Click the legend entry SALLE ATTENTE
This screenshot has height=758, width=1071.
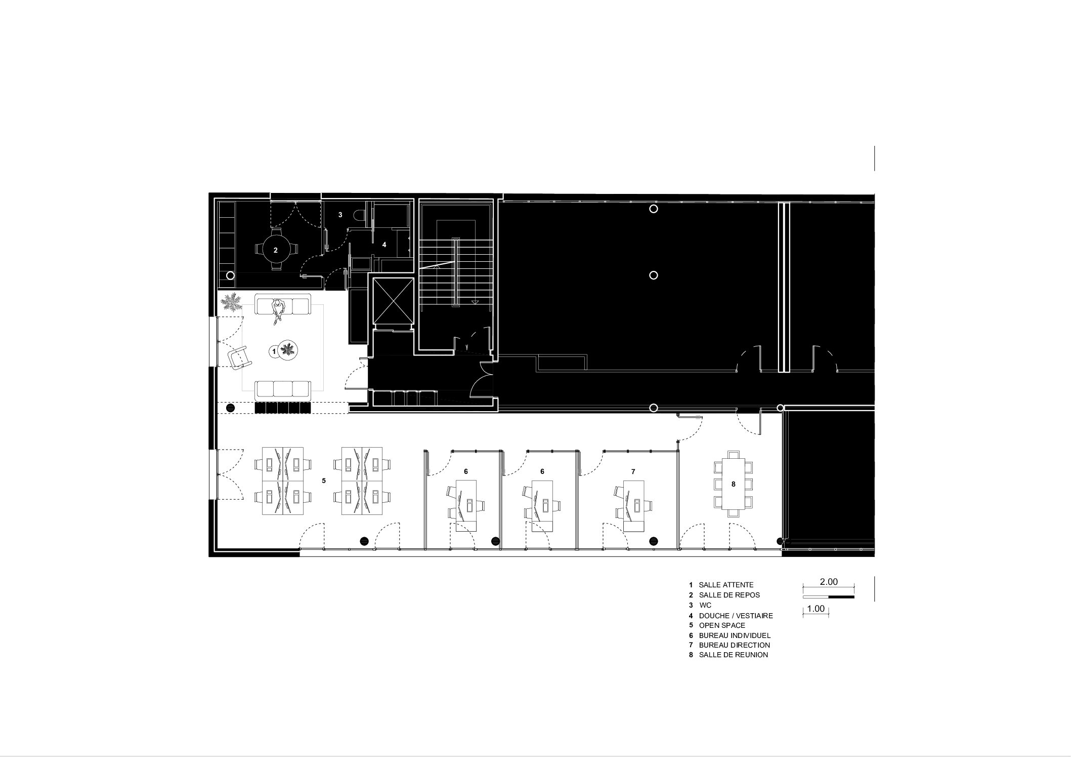[726, 585]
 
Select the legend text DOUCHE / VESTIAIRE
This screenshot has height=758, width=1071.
[736, 616]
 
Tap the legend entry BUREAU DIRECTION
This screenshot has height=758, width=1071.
[734, 645]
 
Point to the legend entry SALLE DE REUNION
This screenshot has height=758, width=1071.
[733, 655]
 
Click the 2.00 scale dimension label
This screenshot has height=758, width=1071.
[829, 582]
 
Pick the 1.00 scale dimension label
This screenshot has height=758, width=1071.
[816, 609]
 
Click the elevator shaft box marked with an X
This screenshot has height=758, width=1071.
[393, 301]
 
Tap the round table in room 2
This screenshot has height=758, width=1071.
[276, 250]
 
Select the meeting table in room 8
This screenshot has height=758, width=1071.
[733, 484]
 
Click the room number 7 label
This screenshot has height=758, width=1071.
[633, 471]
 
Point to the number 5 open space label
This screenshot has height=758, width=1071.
[324, 481]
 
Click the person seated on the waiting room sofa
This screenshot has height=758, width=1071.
[277, 311]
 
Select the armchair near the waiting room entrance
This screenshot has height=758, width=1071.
[239, 359]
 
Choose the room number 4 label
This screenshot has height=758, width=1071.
[384, 245]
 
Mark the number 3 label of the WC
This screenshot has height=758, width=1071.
[340, 215]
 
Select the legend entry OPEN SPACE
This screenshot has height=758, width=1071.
[722, 625]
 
